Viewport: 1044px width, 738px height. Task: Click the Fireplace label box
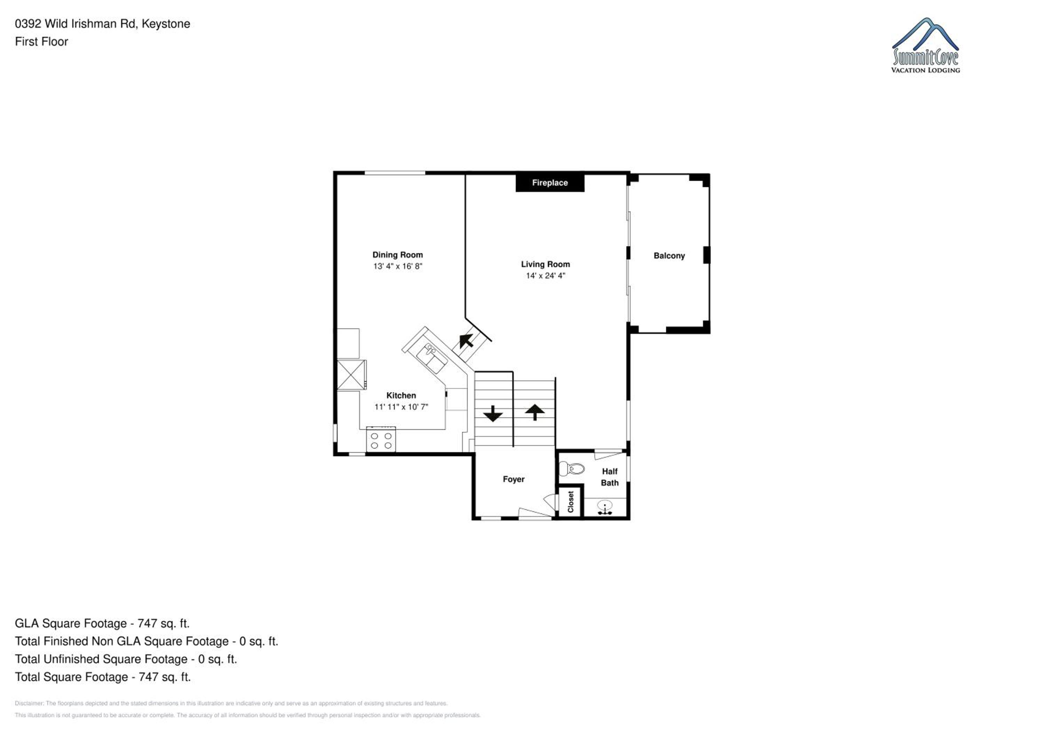click(x=550, y=183)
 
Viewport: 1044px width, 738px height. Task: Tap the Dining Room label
click(x=397, y=255)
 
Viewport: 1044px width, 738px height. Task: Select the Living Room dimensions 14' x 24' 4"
click(x=545, y=275)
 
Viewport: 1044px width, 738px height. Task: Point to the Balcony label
click(x=669, y=256)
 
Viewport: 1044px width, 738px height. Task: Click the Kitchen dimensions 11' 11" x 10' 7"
click(x=401, y=407)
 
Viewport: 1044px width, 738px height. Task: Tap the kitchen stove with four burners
click(x=381, y=440)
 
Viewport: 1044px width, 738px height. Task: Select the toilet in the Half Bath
click(x=571, y=468)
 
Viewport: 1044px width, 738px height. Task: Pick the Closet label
click(x=571, y=502)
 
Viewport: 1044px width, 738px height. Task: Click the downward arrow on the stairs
click(x=492, y=414)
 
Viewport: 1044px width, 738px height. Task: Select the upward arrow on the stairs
click(x=535, y=412)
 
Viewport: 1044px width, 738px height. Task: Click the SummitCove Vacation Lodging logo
click(x=925, y=46)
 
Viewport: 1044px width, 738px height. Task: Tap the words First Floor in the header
click(x=41, y=41)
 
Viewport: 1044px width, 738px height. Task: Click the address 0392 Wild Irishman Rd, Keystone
click(x=102, y=24)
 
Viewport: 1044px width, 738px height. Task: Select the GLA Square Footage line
click(x=102, y=624)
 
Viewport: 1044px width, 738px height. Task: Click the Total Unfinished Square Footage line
click(x=126, y=659)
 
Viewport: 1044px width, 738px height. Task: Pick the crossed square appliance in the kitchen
click(x=351, y=375)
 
